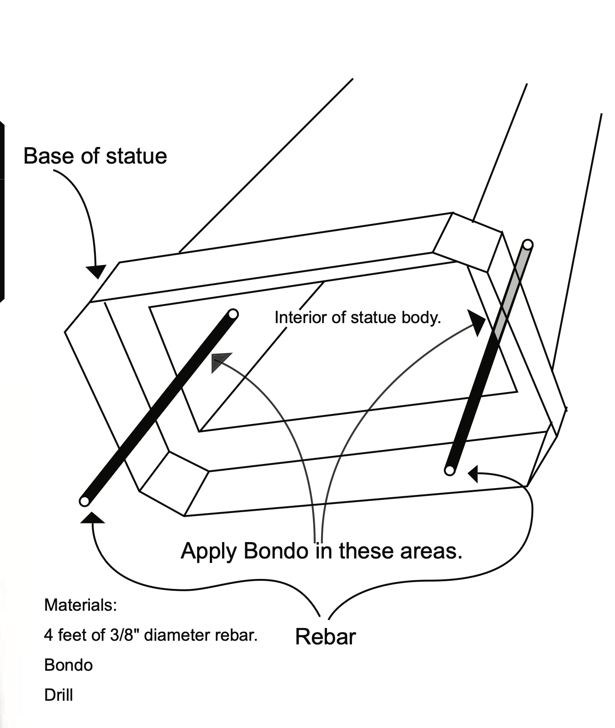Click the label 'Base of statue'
[95, 156]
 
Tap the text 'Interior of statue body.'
[357, 317]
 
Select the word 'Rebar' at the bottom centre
[325, 636]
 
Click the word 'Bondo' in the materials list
[69, 665]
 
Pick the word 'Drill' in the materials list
[59, 695]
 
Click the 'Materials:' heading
[80, 605]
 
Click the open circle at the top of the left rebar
[233, 314]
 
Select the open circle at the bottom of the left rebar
[84, 501]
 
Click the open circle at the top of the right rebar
[527, 244]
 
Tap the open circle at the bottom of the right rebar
[450, 470]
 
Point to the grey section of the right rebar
[511, 290]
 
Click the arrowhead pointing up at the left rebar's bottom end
[93, 518]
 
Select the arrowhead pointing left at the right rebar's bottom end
[473, 474]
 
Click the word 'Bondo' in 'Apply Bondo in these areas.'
[276, 551]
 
